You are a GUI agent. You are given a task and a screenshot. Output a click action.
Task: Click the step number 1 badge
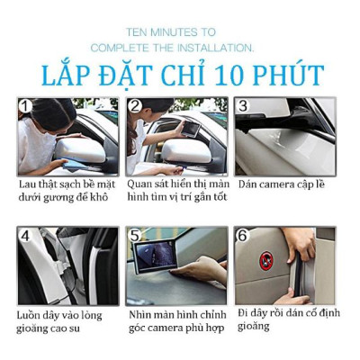tap(25, 107)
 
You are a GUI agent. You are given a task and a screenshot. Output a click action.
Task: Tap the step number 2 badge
tap(135, 107)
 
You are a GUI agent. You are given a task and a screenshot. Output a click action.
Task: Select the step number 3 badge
tap(242, 107)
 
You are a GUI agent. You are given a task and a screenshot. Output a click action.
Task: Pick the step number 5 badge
tap(135, 237)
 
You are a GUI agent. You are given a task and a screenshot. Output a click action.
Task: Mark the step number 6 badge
tap(243, 237)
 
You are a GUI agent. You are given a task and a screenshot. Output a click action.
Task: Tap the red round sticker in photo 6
tap(266, 260)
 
